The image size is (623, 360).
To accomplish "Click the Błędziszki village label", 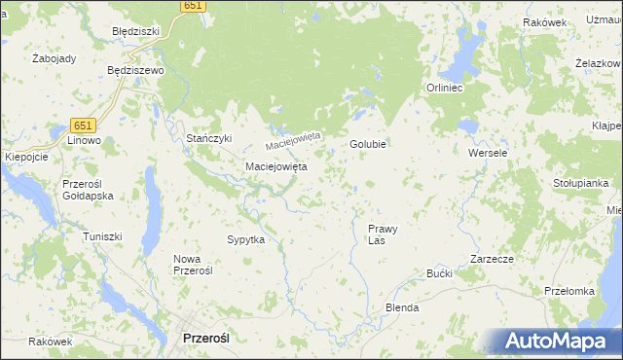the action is [x=135, y=31].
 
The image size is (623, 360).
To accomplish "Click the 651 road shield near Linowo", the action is [x=83, y=125].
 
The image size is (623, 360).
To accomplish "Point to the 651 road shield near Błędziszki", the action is [x=193, y=6].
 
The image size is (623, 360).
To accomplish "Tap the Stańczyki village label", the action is [x=209, y=138].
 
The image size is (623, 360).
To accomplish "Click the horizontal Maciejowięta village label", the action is [x=275, y=166].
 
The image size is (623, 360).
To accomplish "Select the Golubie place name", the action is [x=369, y=144].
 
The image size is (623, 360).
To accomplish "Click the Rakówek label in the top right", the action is [x=544, y=22].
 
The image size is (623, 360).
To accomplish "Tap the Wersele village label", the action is [x=488, y=154].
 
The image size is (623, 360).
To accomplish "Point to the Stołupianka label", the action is [x=581, y=182].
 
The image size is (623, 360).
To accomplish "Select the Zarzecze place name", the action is [x=492, y=260].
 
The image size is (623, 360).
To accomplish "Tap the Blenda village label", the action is [x=402, y=307].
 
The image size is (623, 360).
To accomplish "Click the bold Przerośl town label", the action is [x=205, y=338].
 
